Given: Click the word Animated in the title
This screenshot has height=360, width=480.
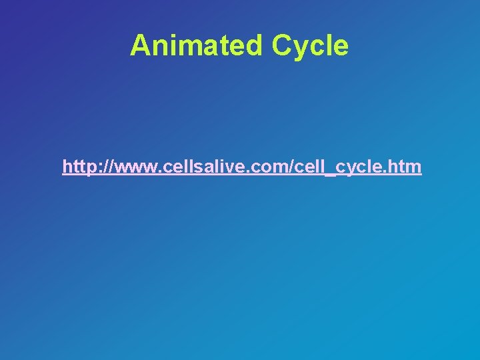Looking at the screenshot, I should [x=197, y=45].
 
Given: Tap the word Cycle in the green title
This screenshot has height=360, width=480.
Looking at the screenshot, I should [x=310, y=45].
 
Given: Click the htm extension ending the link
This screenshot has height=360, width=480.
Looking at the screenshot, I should [x=405, y=166].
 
